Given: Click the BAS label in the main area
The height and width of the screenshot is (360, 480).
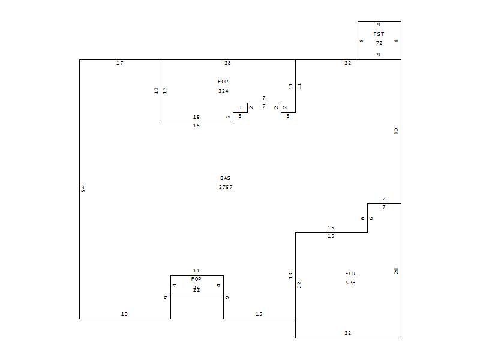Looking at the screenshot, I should pyautogui.click(x=226, y=178).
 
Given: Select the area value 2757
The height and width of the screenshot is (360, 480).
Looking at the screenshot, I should pyautogui.click(x=226, y=187).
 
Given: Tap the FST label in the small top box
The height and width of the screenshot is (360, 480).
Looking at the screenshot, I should pyautogui.click(x=379, y=34).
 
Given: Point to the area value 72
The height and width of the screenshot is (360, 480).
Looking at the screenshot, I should pyautogui.click(x=379, y=43).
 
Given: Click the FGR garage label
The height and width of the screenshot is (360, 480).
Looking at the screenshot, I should pyautogui.click(x=350, y=274).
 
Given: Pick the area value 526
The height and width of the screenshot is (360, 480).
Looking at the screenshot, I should pyautogui.click(x=350, y=283).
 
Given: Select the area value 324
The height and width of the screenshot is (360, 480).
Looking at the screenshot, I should pyautogui.click(x=223, y=91).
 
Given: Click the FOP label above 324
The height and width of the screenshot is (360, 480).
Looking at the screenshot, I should pyautogui.click(x=223, y=82).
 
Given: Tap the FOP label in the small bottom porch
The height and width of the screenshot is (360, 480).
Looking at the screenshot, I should pyautogui.click(x=196, y=279).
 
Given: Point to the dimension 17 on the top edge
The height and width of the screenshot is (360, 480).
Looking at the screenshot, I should pyautogui.click(x=120, y=63).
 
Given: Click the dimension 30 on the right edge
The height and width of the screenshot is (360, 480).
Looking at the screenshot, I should pyautogui.click(x=396, y=131).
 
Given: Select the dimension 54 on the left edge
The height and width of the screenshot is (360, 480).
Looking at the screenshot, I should pyautogui.click(x=83, y=189).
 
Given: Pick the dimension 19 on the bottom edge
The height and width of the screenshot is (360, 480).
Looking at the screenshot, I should pyautogui.click(x=124, y=314).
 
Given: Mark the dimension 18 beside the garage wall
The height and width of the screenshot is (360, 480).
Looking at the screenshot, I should pyautogui.click(x=290, y=275).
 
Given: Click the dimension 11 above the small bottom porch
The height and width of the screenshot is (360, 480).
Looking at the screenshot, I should pyautogui.click(x=196, y=271).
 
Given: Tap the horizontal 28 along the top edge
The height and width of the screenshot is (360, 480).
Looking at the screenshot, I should pyautogui.click(x=227, y=63).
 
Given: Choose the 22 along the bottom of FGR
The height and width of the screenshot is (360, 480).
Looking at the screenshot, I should pyautogui.click(x=347, y=333).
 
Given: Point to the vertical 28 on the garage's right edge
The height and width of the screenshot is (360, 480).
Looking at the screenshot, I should pyautogui.click(x=396, y=271).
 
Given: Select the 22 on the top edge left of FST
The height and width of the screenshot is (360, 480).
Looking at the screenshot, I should pyautogui.click(x=347, y=63).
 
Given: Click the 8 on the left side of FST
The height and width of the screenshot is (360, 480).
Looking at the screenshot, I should pyautogui.click(x=361, y=41).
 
